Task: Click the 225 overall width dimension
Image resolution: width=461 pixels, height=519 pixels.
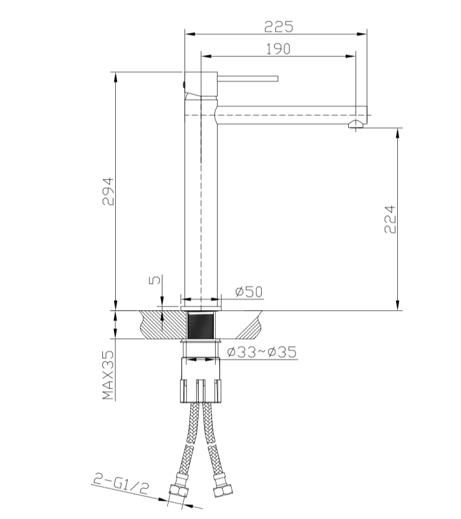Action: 278,26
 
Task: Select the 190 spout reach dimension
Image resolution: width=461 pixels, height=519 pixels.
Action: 278,49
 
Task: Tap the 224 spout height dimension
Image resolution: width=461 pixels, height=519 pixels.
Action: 390,219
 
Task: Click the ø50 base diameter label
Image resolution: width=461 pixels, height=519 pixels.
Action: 248,292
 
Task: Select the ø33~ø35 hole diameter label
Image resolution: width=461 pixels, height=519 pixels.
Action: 261,352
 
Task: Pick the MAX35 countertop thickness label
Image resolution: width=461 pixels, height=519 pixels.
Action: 109,376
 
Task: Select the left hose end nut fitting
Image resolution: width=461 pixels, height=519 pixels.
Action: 178,490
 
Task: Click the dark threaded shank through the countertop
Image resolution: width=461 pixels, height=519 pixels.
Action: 200,324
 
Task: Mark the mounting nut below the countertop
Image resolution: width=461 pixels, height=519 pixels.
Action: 200,380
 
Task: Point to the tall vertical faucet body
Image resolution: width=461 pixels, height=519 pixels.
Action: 200,202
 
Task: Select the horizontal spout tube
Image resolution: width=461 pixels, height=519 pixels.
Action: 288,115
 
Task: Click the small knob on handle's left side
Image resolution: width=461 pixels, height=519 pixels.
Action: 183,84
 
